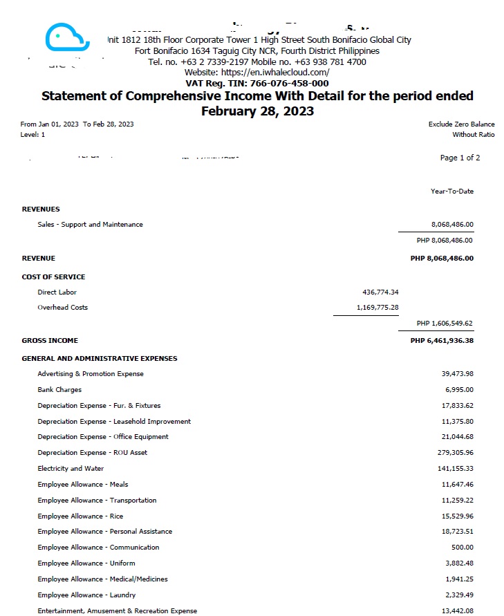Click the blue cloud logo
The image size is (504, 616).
(67, 37)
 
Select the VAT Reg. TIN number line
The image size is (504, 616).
(257, 83)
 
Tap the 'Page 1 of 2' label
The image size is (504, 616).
(460, 158)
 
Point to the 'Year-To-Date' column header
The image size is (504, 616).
(452, 192)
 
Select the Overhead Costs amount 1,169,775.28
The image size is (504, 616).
(377, 308)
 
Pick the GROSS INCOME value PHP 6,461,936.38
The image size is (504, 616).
(442, 340)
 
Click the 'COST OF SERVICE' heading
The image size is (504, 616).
(54, 277)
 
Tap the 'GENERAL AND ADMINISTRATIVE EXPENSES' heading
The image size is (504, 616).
(100, 358)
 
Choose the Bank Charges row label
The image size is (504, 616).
(59, 390)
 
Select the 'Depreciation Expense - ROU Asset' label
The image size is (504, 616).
(92, 453)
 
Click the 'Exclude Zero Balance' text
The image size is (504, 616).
(462, 124)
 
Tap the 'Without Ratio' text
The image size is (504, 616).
(474, 135)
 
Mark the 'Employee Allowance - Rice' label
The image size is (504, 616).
(80, 516)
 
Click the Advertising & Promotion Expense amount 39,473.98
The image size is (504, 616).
(457, 374)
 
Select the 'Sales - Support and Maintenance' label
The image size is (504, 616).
(90, 225)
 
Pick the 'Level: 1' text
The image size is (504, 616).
(32, 135)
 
